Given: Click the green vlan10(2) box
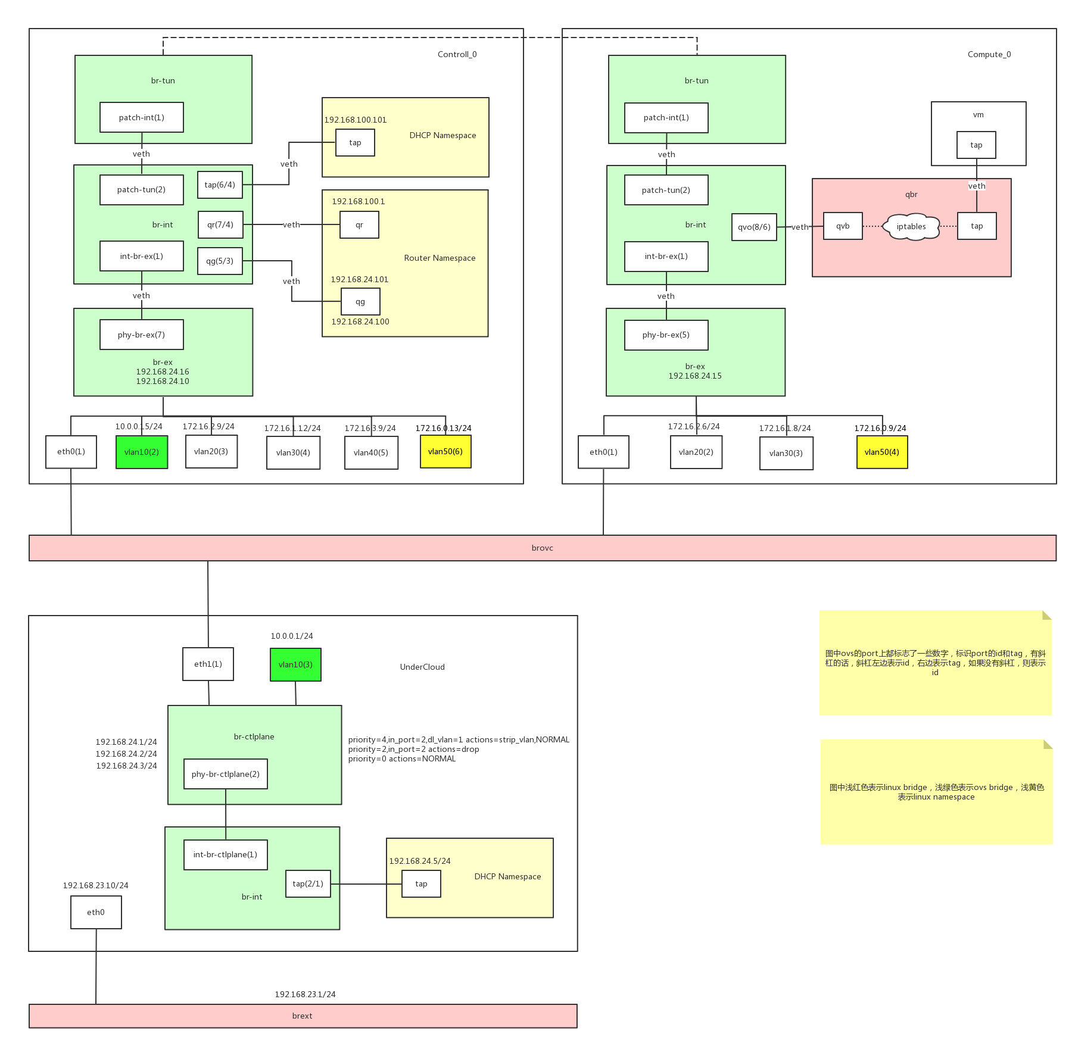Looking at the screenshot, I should (x=142, y=452).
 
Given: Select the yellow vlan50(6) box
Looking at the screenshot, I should (x=445, y=451).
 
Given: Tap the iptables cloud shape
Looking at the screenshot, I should (x=911, y=226).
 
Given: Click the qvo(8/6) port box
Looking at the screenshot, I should (x=754, y=227).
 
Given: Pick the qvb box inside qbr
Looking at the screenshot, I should (x=843, y=226).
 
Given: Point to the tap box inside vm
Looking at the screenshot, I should (x=976, y=145).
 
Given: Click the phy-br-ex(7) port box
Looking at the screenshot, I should (x=142, y=335).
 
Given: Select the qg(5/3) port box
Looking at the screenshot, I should (x=220, y=261).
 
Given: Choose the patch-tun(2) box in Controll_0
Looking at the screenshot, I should (x=142, y=189).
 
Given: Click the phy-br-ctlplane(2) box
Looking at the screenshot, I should (x=226, y=774).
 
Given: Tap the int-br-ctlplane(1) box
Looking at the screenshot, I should (x=225, y=854).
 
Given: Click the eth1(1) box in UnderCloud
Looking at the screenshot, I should (x=208, y=664).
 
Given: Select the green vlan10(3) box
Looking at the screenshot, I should (x=295, y=664).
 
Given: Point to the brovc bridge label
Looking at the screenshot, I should (x=542, y=548).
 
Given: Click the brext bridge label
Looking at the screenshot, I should (x=303, y=1016).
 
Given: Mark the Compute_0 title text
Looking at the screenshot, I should (x=989, y=54).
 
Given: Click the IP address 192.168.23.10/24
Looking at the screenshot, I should (x=96, y=885).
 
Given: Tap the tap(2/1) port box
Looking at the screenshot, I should (x=308, y=883).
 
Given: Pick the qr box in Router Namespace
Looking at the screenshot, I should (x=359, y=224).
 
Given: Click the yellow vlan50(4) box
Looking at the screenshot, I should (x=882, y=452).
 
